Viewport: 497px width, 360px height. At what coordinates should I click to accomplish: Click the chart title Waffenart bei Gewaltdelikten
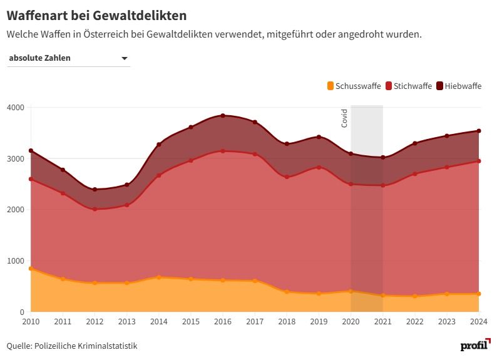(96, 14)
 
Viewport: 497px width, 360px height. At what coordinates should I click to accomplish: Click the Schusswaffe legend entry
(354, 86)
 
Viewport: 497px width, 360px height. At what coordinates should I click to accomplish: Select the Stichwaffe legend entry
(408, 86)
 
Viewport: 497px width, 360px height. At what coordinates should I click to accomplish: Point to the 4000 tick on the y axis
(15, 108)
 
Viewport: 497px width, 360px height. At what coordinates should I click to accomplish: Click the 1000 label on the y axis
(15, 261)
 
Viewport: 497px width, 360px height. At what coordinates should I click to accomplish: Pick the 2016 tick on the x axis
(223, 321)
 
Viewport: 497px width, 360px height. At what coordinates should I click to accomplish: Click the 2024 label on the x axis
(479, 321)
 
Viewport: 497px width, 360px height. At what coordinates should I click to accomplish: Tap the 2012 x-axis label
(95, 321)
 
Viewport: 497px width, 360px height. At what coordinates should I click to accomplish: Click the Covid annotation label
(344, 118)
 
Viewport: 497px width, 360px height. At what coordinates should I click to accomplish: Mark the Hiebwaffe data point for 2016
(223, 116)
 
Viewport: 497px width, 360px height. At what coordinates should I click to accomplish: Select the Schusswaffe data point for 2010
(31, 269)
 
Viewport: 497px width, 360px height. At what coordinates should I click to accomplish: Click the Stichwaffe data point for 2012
(95, 209)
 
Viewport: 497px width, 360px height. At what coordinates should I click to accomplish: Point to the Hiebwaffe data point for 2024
(479, 131)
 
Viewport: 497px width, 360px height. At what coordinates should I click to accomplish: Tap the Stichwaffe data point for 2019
(319, 167)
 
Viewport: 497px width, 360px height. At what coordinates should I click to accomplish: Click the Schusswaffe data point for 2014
(159, 277)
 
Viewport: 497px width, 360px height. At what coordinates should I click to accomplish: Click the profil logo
(474, 345)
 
